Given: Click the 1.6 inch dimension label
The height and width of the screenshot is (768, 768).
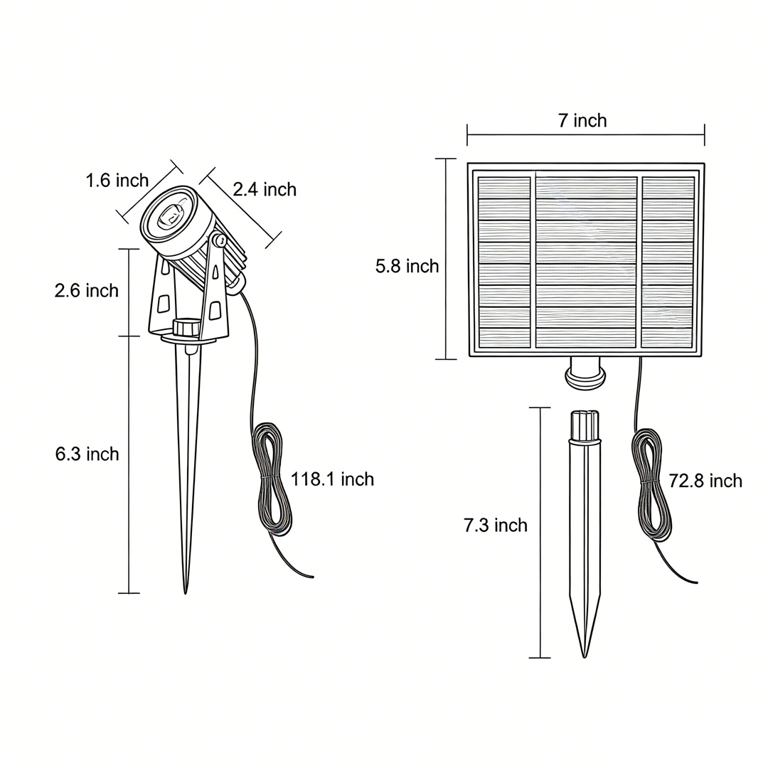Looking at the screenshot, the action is (117, 180).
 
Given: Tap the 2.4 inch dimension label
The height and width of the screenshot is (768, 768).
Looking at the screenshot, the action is (265, 190).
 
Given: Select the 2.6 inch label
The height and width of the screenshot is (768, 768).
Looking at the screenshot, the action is (87, 290).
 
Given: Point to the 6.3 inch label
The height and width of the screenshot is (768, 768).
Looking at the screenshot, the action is (87, 454).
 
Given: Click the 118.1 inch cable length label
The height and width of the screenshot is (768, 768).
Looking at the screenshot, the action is (333, 479).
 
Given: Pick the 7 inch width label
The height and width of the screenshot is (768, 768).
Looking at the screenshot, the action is (583, 120).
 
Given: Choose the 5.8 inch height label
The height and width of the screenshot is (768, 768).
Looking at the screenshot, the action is (407, 266).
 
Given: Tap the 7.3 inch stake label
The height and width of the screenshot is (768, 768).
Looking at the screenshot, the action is (496, 525).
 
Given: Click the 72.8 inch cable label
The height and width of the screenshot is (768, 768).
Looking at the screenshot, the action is (706, 481).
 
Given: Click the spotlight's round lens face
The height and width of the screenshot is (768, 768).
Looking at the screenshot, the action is (169, 215).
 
